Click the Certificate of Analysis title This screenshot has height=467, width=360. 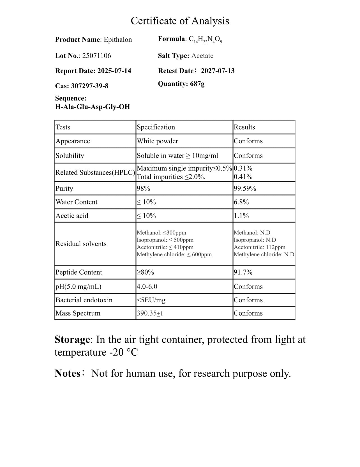pos(180,21)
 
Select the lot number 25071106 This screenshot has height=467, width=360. pos(96,56)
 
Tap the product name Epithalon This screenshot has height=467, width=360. pos(118,40)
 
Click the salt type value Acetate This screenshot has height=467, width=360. pos(202,56)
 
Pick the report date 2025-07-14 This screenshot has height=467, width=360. pos(114,71)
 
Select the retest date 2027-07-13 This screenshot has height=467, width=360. pos(218,71)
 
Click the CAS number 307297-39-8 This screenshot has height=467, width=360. pos(89,86)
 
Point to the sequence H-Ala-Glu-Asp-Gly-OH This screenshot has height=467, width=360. pos(93,107)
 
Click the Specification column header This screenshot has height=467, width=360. pos(156,127)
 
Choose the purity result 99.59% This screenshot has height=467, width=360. pos(245,188)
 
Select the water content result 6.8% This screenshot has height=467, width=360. pos(241,202)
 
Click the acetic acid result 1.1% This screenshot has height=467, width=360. pos(241,216)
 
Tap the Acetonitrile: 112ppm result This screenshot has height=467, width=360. pos(259,247)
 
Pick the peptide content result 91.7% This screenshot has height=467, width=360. pos(243,272)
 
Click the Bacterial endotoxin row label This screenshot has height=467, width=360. pos(84,300)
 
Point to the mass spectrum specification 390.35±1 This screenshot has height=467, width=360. pos(150,313)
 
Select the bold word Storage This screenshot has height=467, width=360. pos(72,340)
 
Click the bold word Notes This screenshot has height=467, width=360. pos(67,374)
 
